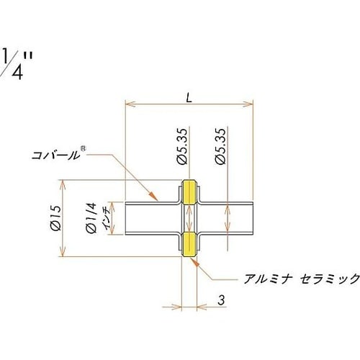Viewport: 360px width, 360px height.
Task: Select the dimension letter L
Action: (x=188, y=97)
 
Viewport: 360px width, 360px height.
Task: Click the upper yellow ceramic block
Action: (x=189, y=192)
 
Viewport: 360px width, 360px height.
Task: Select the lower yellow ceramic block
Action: (x=189, y=243)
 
